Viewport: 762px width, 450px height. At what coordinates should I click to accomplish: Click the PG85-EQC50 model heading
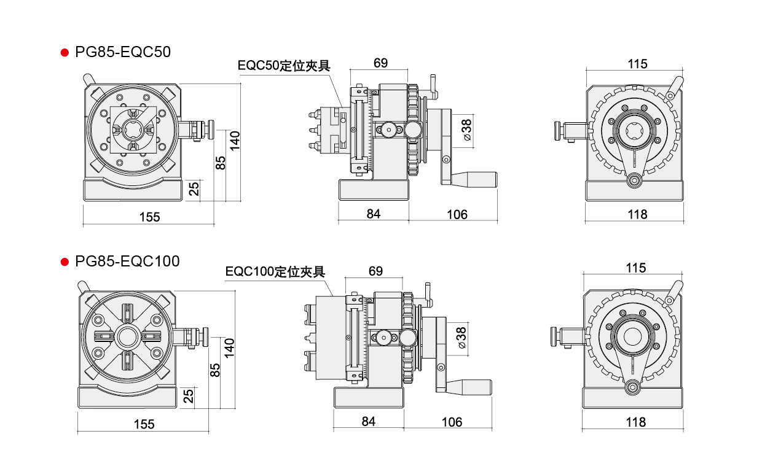pyautogui.click(x=123, y=52)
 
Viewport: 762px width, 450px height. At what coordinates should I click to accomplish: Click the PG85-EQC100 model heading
pyautogui.click(x=127, y=262)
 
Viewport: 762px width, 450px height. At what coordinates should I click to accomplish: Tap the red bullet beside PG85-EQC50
pyautogui.click(x=65, y=53)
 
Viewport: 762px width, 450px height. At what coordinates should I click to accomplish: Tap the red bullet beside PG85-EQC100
pyautogui.click(x=65, y=262)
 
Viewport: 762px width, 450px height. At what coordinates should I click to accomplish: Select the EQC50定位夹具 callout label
pyautogui.click(x=284, y=66)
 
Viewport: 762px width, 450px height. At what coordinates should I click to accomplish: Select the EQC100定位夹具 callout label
pyautogui.click(x=275, y=271)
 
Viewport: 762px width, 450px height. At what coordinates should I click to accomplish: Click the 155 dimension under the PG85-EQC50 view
pyautogui.click(x=149, y=217)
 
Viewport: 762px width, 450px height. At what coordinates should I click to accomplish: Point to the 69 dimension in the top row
pyautogui.click(x=380, y=63)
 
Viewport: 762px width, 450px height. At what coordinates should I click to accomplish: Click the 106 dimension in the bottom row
pyautogui.click(x=452, y=422)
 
